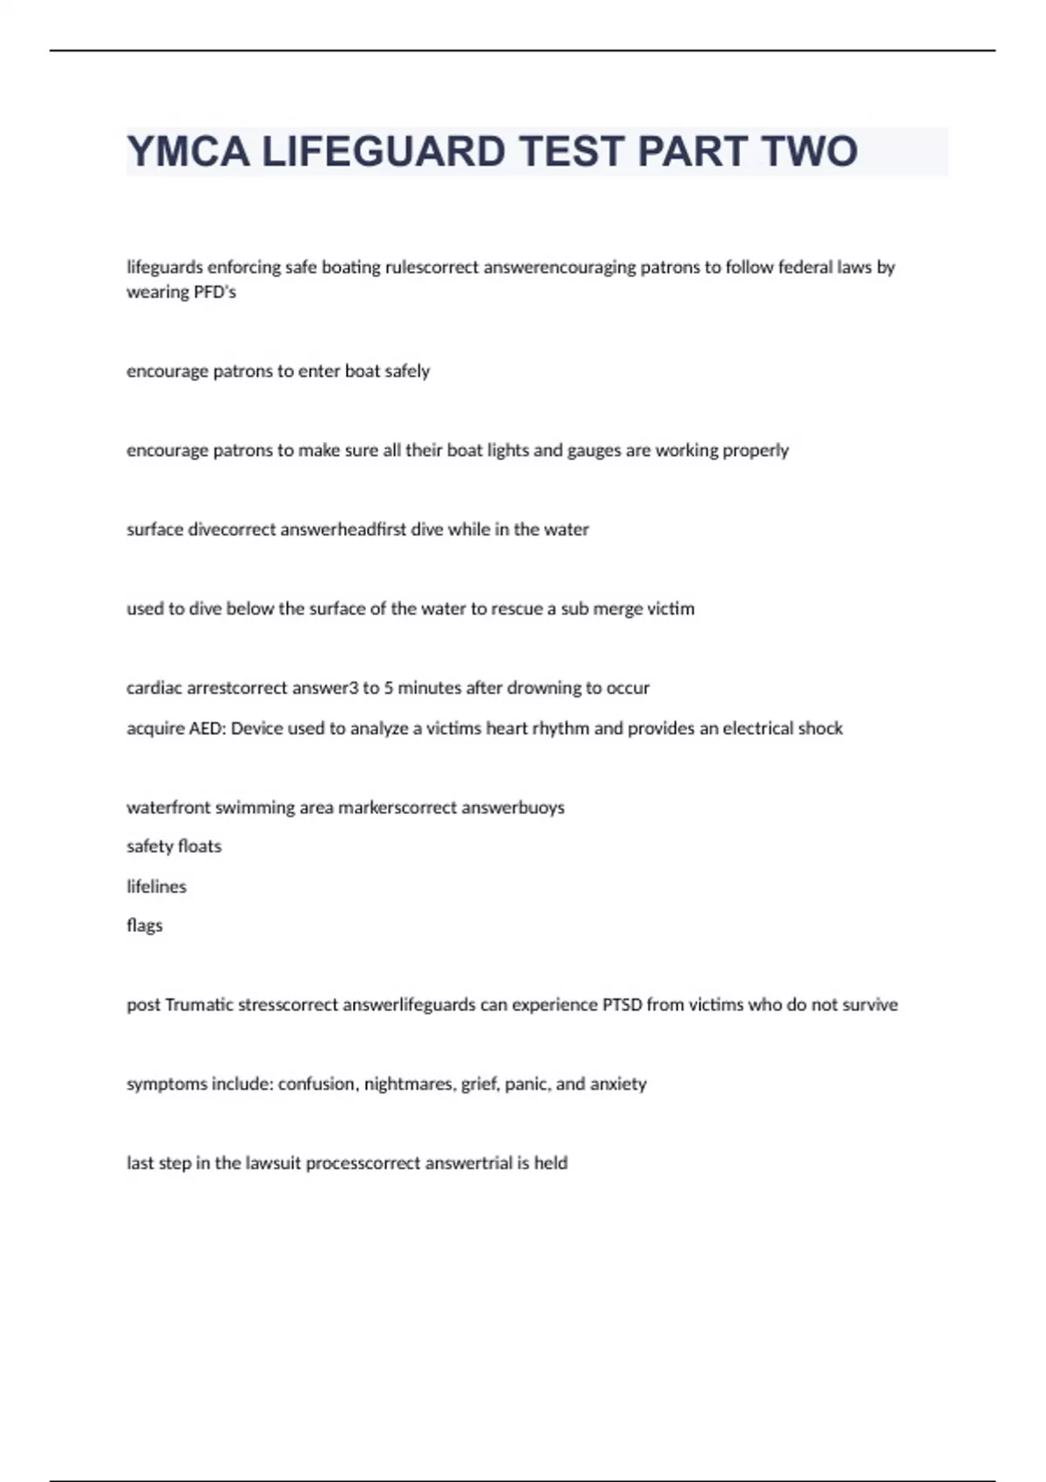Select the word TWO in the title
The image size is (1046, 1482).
810,152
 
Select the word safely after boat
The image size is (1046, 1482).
407,371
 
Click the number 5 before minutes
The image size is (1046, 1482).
389,688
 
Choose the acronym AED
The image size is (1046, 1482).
206,729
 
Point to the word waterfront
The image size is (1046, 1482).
168,808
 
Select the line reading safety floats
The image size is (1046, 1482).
174,846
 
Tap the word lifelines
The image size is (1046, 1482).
157,887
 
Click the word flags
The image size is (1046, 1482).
145,926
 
